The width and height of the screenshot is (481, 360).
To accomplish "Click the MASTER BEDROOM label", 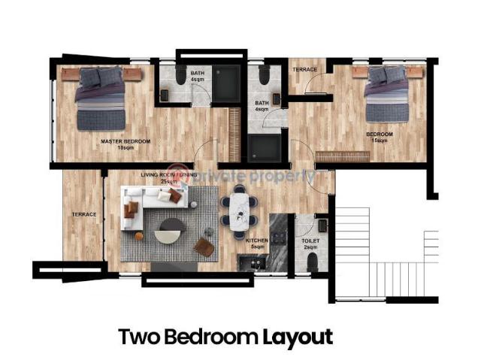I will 126,141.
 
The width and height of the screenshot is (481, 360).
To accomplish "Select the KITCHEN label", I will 258,241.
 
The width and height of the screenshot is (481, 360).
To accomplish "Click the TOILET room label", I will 310,241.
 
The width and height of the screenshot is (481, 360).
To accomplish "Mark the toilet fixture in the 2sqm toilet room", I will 313,262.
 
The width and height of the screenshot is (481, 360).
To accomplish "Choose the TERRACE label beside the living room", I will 83,215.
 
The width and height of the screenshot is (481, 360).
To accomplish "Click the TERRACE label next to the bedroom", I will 304,70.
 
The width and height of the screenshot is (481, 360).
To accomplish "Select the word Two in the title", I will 137,337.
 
